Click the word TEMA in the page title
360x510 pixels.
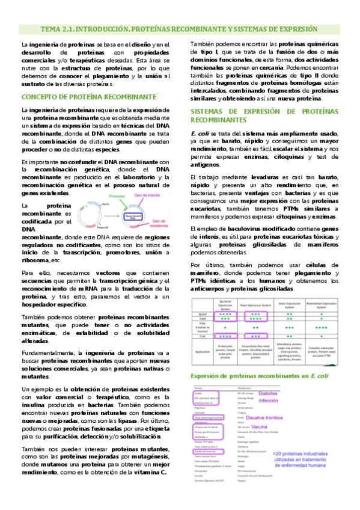click(52, 28)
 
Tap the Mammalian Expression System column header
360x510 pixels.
click(328, 304)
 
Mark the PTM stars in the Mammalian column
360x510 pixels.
click(328, 328)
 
